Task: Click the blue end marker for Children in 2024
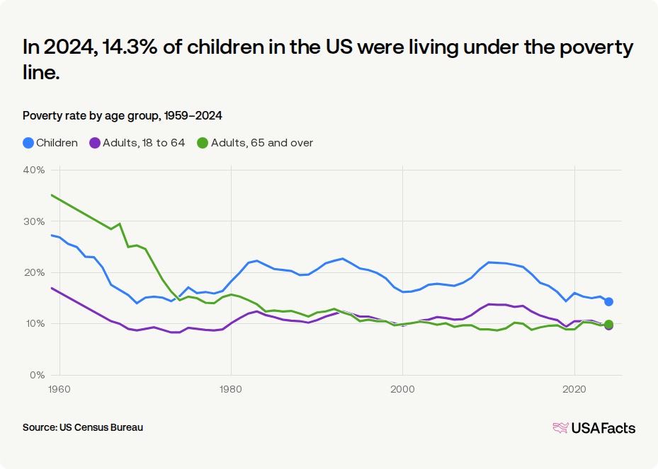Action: pos(608,302)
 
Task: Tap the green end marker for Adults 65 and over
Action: pos(608,324)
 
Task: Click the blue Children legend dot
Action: pos(28,143)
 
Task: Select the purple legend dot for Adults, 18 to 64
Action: pos(95,143)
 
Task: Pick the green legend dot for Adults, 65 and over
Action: pos(203,143)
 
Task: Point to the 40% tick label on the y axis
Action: pos(35,170)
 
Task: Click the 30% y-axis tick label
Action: pos(35,221)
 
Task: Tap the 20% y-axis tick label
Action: pos(35,273)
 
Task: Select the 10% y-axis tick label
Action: pos(35,324)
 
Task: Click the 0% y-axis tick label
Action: pos(38,375)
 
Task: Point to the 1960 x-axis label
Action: pos(59,389)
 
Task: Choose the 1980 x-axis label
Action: pos(231,389)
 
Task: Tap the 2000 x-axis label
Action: pos(402,389)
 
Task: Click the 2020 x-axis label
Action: pos(574,389)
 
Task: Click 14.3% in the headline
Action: pos(129,47)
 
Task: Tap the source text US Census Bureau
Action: pos(101,427)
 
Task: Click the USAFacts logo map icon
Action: pos(560,428)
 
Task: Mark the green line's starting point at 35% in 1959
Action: pos(51,195)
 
